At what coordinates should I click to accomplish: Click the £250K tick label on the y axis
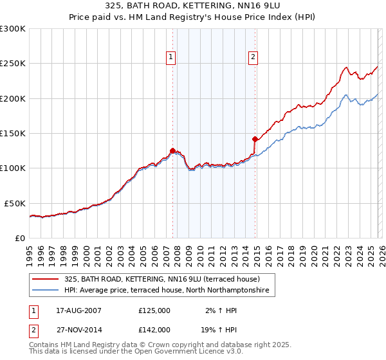[13, 64]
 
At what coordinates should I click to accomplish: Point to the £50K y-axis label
[15, 203]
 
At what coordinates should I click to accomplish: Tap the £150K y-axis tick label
[13, 134]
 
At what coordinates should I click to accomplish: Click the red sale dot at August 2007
[172, 150]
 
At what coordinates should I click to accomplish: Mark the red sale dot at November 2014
[255, 139]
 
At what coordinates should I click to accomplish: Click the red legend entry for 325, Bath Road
[161, 279]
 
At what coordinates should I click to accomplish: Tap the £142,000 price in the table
[154, 329]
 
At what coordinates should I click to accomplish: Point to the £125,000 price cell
[154, 310]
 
